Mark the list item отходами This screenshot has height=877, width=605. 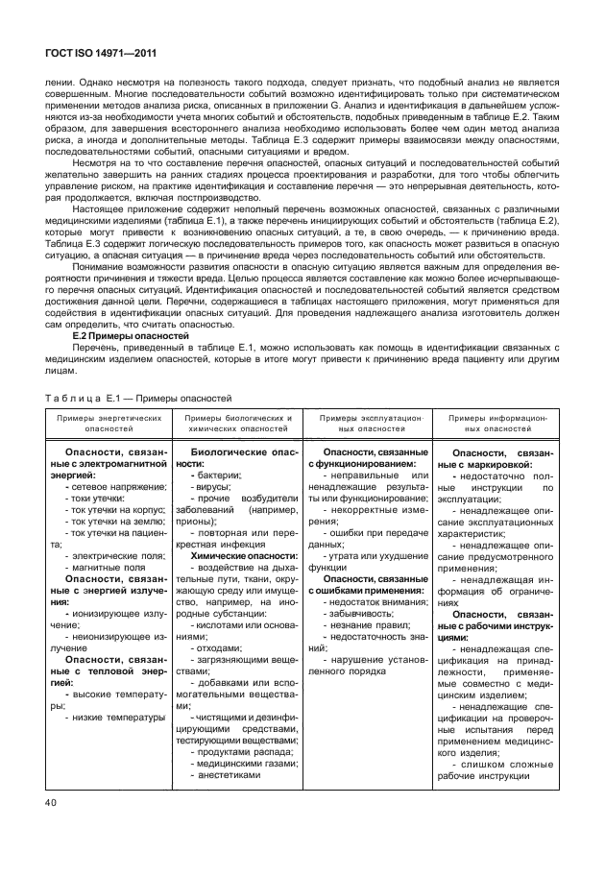pyautogui.click(x=220, y=675)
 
